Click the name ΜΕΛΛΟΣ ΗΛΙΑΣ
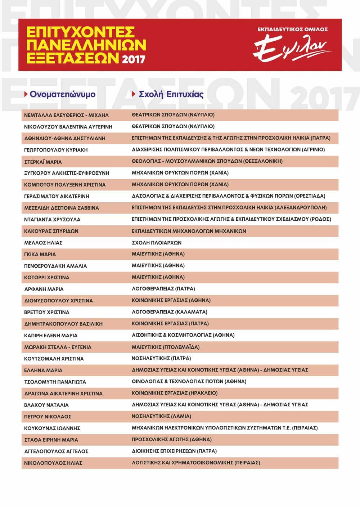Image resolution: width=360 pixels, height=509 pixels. click(x=43, y=243)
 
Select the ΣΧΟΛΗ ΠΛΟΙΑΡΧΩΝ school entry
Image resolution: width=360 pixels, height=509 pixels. click(x=157, y=243)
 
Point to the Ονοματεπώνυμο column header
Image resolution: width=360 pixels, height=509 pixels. click(x=62, y=94)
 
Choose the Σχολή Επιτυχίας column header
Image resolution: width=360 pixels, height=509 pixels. click(x=171, y=94)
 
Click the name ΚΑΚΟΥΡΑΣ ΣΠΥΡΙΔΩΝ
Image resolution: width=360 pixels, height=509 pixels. click(x=51, y=231)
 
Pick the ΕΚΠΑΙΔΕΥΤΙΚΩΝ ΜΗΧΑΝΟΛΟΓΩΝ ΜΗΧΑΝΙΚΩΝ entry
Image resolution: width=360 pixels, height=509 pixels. click(x=189, y=231)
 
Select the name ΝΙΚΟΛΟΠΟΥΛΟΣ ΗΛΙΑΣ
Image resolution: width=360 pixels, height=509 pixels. click(x=53, y=463)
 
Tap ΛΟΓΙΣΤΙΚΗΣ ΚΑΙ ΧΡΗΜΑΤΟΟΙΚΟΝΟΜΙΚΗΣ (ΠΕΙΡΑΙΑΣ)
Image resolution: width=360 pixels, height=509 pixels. click(x=196, y=463)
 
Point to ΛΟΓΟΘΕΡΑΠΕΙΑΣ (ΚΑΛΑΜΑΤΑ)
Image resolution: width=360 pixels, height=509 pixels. click(x=170, y=312)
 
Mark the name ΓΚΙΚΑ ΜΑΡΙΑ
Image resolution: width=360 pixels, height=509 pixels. click(x=40, y=254)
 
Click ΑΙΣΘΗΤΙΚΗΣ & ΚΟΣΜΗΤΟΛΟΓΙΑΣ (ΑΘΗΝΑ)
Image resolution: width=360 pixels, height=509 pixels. click(x=183, y=335)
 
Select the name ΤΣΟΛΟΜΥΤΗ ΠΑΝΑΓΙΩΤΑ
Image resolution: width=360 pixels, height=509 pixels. click(x=55, y=382)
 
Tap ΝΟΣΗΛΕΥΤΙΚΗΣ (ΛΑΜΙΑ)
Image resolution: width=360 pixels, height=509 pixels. click(x=161, y=416)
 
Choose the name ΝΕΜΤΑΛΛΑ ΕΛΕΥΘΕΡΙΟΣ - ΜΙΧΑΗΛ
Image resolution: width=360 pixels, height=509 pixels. click(x=66, y=115)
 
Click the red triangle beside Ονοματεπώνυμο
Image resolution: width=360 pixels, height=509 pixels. click(x=26, y=94)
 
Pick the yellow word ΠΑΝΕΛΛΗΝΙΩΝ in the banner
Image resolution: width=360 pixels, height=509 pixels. click(x=86, y=45)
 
